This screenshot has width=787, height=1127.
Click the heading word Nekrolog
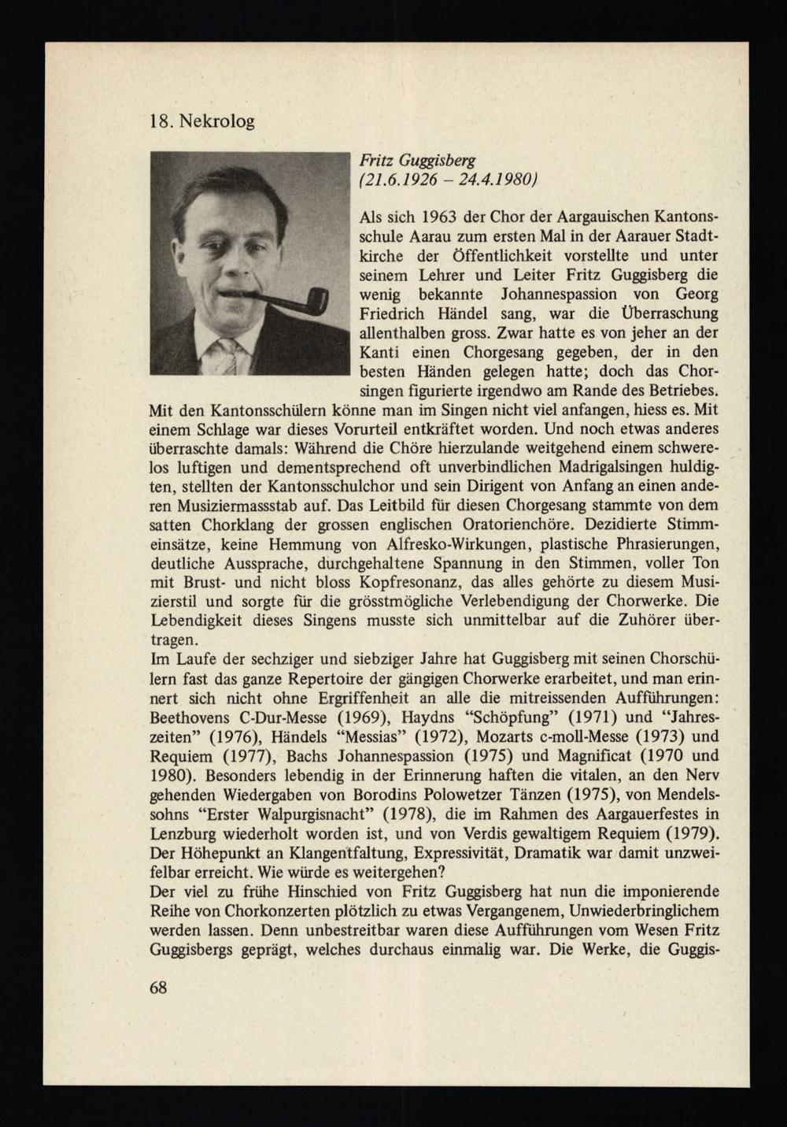click(x=213, y=122)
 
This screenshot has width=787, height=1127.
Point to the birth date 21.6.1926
click(x=402, y=179)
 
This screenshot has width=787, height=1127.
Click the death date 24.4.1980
click(x=493, y=179)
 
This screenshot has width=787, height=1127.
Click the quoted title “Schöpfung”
click(x=506, y=717)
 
